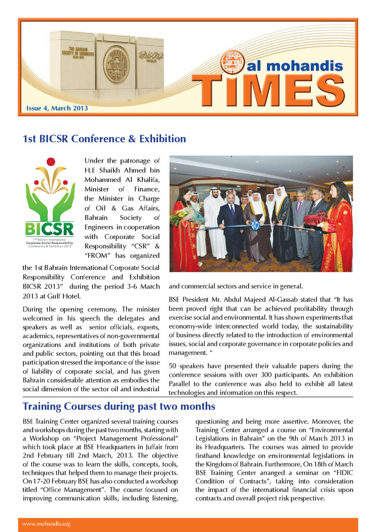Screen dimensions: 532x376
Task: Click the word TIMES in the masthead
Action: tap(272, 92)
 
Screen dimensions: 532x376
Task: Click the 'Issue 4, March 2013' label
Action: tap(57, 109)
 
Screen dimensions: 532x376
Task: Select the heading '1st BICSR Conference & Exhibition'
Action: tap(104, 139)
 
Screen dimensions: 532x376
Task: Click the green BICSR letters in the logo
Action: tap(49, 229)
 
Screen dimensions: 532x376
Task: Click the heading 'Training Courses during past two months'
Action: tap(118, 406)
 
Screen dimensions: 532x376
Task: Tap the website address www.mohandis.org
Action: tap(46, 524)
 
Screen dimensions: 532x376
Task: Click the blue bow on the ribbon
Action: tap(256, 224)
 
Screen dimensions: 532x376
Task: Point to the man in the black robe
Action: tap(283, 223)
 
